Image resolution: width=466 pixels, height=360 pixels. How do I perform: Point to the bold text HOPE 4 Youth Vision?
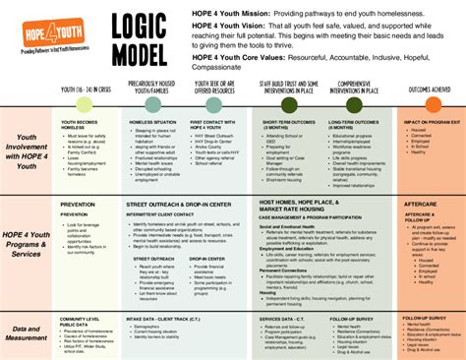pyautogui.click(x=232, y=27)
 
